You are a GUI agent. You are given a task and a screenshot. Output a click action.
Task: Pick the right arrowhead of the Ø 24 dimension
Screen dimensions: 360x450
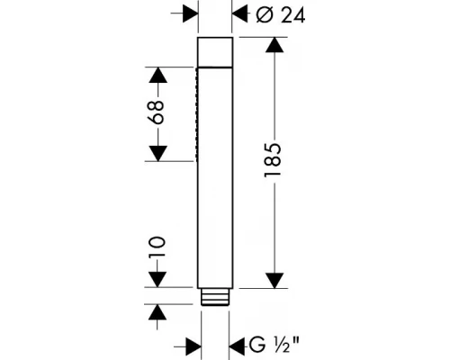coord(239,14)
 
